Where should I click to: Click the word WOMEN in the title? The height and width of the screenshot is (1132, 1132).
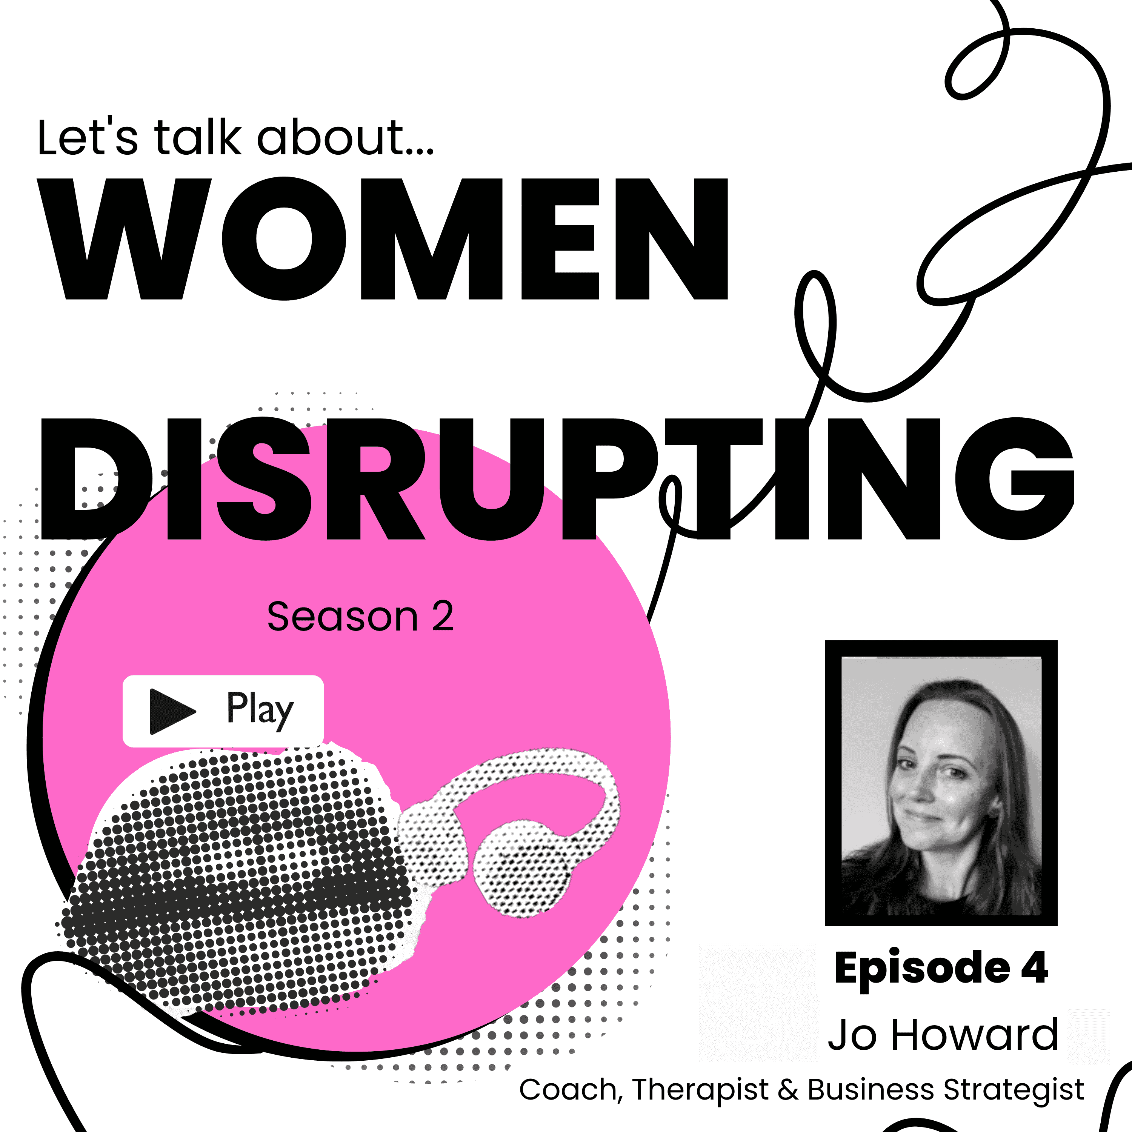pos(384,239)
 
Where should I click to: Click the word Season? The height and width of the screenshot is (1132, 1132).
pos(342,617)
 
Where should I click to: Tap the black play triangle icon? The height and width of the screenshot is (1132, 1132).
pos(171,711)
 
